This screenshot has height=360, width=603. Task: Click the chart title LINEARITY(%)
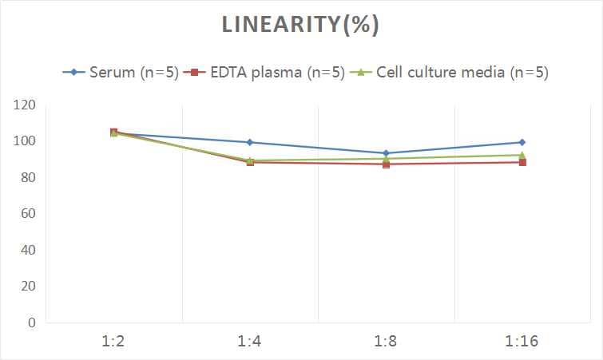pyautogui.click(x=300, y=26)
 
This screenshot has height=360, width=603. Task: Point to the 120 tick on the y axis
pyautogui.click(x=25, y=105)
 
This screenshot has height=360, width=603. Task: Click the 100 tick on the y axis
pyautogui.click(x=25, y=141)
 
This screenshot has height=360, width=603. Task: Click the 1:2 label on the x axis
pyautogui.click(x=114, y=342)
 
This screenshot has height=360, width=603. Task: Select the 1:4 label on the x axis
pyautogui.click(x=250, y=342)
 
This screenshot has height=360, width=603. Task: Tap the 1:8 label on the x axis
pyautogui.click(x=386, y=342)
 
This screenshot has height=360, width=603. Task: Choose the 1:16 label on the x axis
pyautogui.click(x=522, y=342)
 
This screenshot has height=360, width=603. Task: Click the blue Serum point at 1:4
pyautogui.click(x=250, y=142)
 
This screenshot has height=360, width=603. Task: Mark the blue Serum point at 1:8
pyautogui.click(x=386, y=153)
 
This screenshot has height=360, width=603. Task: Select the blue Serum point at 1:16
pyautogui.click(x=522, y=142)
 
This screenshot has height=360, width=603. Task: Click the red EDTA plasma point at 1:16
pyautogui.click(x=522, y=162)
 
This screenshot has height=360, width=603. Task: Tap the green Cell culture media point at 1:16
pyautogui.click(x=522, y=155)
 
